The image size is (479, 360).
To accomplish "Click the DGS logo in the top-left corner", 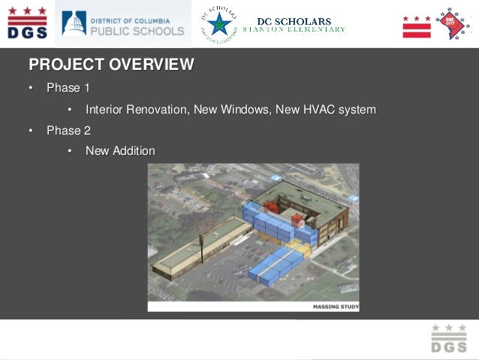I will (x=26, y=23).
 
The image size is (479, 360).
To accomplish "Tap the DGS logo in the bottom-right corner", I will (x=448, y=338).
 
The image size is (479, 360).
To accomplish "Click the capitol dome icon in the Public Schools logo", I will (x=74, y=23).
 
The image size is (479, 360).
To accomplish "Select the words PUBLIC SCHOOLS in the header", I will (x=137, y=31).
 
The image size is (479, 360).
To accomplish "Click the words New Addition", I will (x=120, y=152).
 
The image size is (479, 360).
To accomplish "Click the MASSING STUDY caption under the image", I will (x=335, y=307).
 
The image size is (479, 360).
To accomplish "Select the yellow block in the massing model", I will (x=301, y=249).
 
